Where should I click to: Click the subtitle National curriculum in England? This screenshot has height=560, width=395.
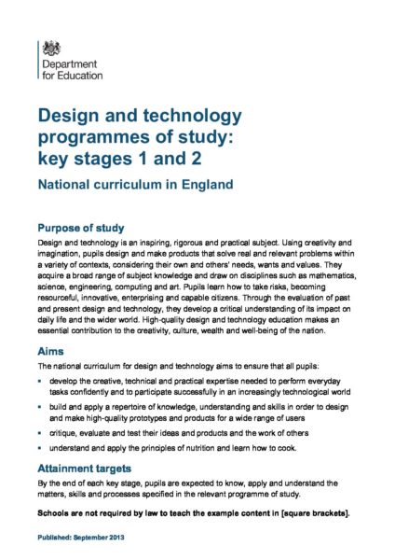click(135, 185)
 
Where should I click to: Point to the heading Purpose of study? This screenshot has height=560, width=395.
click(92, 228)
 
